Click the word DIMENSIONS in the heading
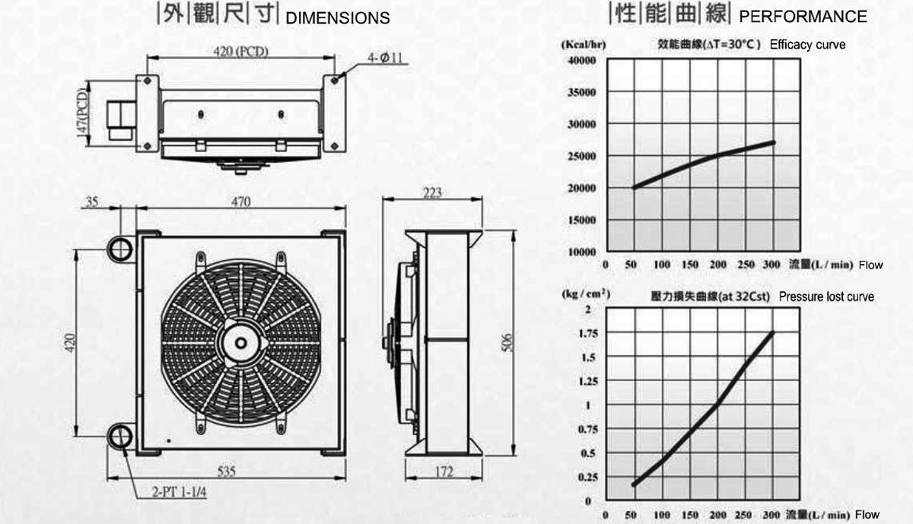338,18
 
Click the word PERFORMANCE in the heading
803,17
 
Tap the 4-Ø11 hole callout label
385,58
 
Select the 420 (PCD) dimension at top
241,52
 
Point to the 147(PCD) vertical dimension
82,113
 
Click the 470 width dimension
241,202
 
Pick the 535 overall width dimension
227,472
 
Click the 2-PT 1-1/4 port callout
180,493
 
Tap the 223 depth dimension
432,192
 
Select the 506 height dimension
507,343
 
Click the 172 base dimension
444,472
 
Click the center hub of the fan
241,343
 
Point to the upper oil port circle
120,248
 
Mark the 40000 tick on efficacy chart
581,60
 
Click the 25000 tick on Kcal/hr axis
581,156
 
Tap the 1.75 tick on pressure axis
588,334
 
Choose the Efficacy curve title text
807,45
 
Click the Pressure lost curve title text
826,297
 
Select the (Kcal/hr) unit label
584,44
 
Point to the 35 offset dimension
92,202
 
